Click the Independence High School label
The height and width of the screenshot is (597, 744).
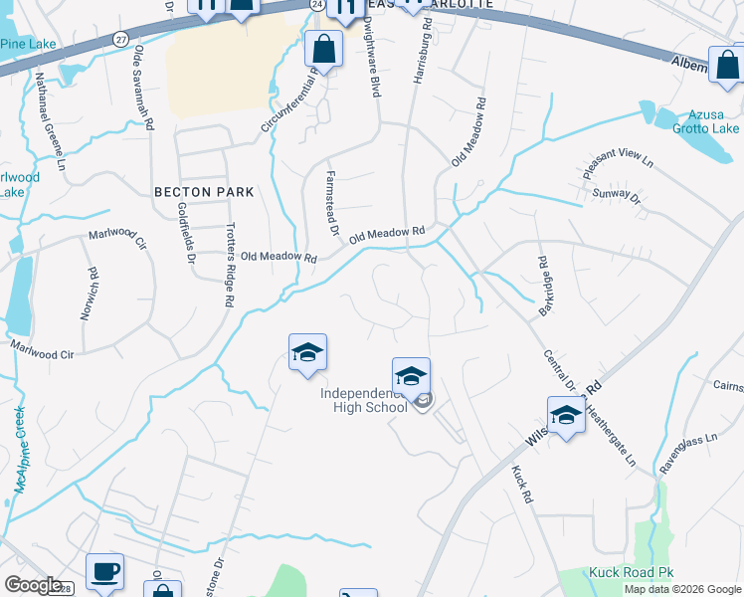pos(364,399)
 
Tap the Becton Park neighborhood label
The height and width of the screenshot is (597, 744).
pos(204,191)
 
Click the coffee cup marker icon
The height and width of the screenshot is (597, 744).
pos(104,572)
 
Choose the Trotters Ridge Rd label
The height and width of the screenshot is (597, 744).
pos(230,264)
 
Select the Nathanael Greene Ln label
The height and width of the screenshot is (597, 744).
pos(49,119)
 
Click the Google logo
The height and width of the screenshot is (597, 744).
pos(33,585)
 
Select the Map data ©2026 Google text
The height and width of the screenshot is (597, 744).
pos(682,589)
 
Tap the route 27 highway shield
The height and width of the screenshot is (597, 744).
pos(120,39)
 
